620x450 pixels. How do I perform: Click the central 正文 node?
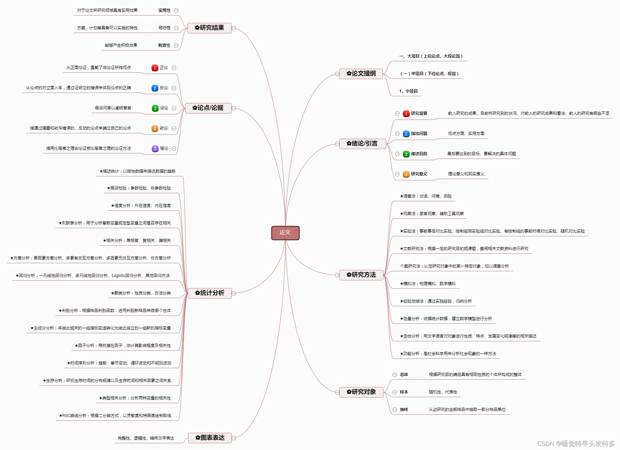pos(285,233)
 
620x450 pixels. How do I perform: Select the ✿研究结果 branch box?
pos(209,28)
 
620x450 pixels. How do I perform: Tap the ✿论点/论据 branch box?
pos(208,108)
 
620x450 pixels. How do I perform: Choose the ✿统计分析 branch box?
pos(209,293)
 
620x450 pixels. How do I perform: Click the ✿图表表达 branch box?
pos(210,438)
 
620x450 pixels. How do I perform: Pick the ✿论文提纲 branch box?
pos(361,74)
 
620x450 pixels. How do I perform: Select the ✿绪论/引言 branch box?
pos(362,144)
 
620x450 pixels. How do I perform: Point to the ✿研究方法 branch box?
pos(361,275)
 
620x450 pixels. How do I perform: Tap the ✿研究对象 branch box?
pos(361,392)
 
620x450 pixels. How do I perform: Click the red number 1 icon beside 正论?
pos(155,68)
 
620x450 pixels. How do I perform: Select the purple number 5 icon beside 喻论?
pos(155,149)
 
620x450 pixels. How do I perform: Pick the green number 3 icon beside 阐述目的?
pos(406,154)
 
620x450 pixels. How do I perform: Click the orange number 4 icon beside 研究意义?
pos(406,174)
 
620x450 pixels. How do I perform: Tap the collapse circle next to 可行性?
pos(176,28)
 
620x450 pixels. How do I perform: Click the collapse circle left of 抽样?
pos(395,410)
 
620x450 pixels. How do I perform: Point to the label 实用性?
pos(164,10)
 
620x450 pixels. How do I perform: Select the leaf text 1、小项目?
pos(408,91)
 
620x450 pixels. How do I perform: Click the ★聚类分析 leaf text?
pos(141,293)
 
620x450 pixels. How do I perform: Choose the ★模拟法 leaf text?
pos(427,284)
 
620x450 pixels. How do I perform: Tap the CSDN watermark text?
pos(576,444)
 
